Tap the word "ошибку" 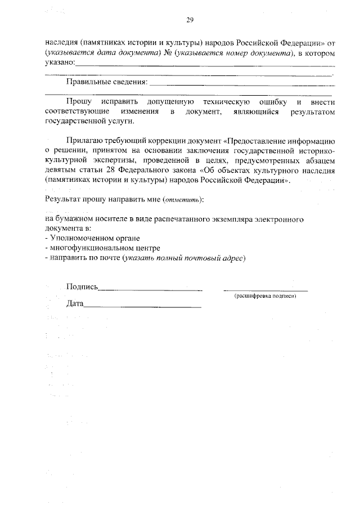(276, 102)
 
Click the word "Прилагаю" (84, 141)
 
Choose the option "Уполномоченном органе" (95, 239)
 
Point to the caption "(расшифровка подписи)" (265, 296)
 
